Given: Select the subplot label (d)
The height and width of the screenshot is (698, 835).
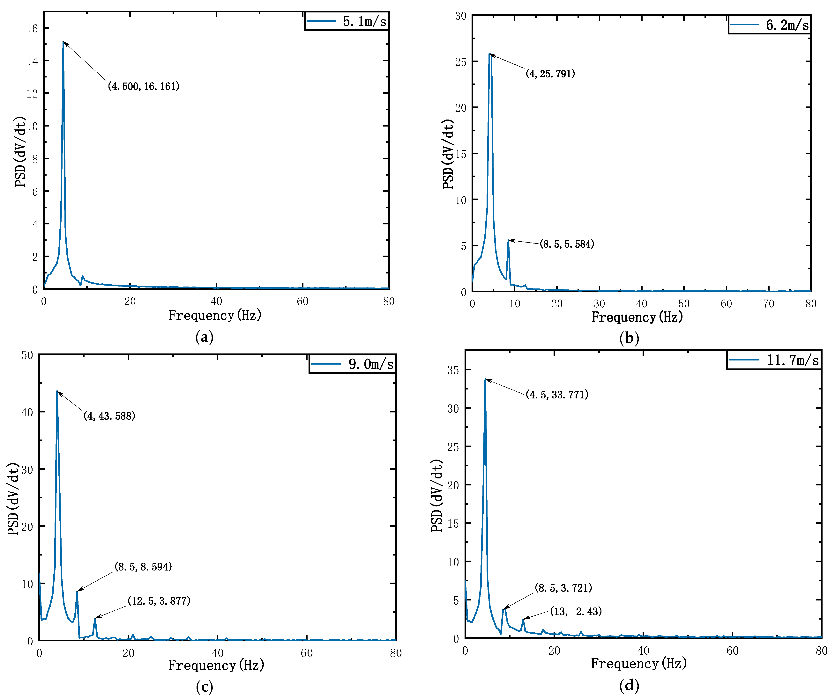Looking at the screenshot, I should pos(629,685).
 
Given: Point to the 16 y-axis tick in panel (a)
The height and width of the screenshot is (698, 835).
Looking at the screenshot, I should pos(32,28).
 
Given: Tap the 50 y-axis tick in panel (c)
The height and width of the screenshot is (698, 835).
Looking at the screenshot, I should pos(27,355).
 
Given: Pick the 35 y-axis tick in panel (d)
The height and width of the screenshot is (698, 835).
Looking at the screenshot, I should pos(453,370).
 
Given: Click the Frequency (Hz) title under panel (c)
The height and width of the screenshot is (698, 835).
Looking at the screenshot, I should pos(216,665).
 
